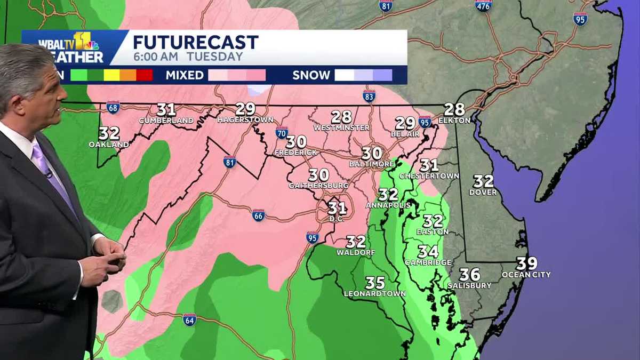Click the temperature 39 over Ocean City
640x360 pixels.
point(526,263)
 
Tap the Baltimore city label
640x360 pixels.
point(371,164)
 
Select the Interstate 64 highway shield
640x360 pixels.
point(189,319)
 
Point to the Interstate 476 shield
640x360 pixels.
point(483,6)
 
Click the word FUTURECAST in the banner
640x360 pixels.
point(196,42)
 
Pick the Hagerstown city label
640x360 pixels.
point(245,120)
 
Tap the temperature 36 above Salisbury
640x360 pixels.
point(469,275)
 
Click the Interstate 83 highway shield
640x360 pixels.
point(369,96)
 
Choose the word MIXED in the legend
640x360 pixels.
point(185,75)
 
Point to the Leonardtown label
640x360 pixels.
point(374,293)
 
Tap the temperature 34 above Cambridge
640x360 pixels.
point(428,251)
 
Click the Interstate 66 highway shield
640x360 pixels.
point(259,215)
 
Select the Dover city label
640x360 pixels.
point(483,192)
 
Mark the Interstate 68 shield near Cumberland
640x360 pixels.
point(113,107)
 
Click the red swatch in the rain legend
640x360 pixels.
point(144,75)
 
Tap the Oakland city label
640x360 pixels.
point(109,145)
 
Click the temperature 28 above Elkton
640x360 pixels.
point(454,109)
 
